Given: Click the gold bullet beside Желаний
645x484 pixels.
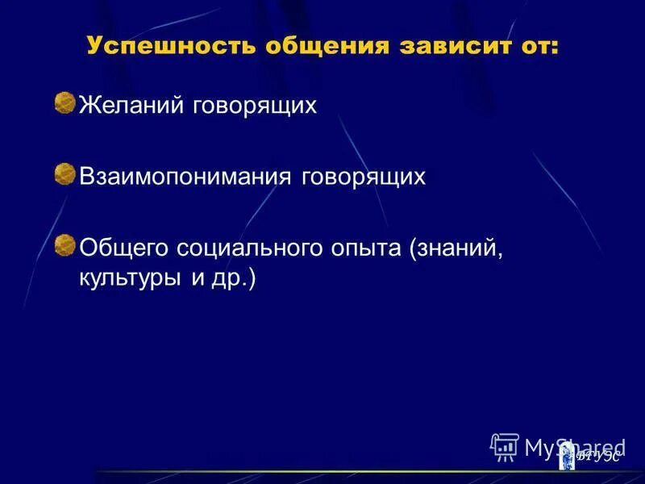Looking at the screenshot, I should (64, 102).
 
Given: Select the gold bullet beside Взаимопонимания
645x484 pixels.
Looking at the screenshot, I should (64, 173).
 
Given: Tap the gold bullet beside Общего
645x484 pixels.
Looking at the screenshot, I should (64, 244).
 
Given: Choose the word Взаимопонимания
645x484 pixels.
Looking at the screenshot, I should (185, 177).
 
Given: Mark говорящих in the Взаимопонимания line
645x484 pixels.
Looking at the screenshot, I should (363, 177).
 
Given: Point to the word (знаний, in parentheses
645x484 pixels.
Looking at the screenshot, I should (456, 247).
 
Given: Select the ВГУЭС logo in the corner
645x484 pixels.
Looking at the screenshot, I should (593, 457).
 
